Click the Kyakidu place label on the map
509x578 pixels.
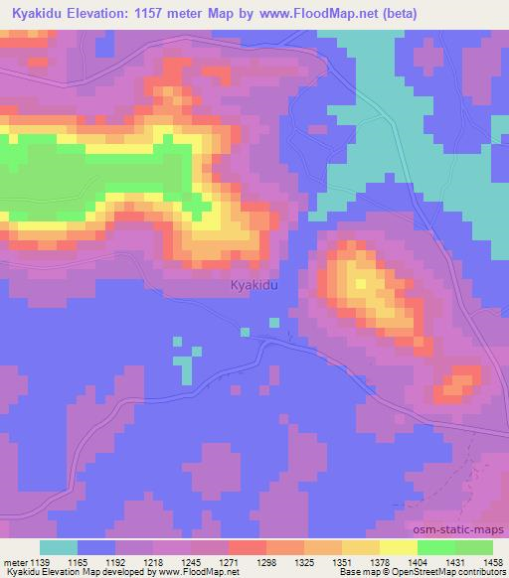point(253,285)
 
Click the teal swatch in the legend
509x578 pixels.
point(59,547)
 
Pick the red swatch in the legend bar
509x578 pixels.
point(248,547)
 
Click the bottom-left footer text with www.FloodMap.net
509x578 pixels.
point(120,573)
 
